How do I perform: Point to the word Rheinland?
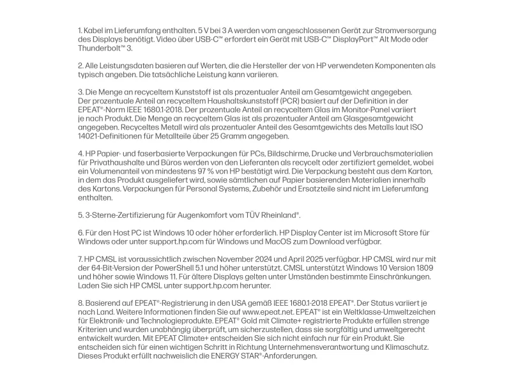278,216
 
